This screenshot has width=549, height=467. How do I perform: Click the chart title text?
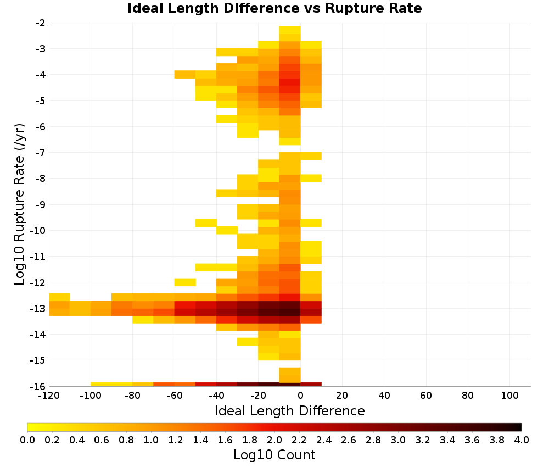[274, 8]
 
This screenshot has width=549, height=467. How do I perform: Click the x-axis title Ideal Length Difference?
[289, 410]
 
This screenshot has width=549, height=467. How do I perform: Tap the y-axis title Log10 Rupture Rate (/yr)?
[20, 204]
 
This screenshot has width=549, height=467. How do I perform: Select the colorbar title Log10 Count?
[274, 455]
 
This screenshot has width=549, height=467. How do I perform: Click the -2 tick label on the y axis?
[40, 23]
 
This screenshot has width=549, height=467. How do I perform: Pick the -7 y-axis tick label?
[40, 153]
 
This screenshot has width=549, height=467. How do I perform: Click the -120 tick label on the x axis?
[49, 396]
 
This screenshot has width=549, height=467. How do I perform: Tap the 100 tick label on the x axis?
[509, 396]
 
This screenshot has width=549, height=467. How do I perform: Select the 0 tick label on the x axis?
[300, 396]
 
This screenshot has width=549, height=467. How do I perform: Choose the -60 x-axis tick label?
[175, 396]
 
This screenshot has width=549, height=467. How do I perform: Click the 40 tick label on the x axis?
[384, 396]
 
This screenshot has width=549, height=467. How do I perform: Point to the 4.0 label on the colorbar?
[522, 440]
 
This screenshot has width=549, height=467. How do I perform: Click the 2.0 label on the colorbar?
[274, 440]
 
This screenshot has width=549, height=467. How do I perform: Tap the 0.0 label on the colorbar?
[27, 440]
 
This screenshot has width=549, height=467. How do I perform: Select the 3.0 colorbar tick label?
[398, 440]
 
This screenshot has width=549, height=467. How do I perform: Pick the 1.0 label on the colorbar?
[151, 440]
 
